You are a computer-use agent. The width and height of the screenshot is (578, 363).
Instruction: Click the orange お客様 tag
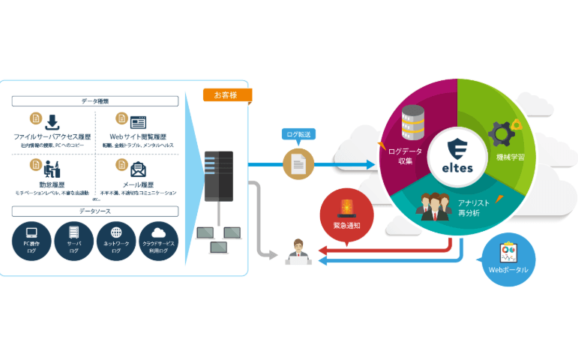click(227, 95)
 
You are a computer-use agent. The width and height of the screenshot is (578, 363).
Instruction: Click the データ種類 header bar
click(95, 100)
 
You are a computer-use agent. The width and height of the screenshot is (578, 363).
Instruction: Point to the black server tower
click(218, 177)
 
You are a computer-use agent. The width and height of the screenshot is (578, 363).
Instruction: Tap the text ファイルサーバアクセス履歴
click(52, 137)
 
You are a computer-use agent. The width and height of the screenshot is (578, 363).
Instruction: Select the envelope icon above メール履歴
click(138, 168)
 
